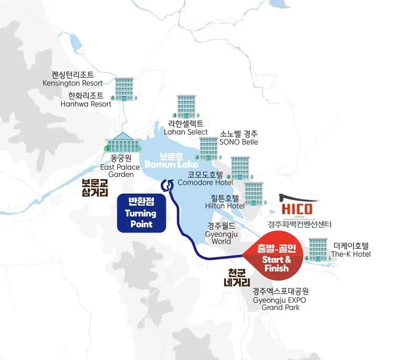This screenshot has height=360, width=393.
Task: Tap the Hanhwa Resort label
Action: coord(90,100)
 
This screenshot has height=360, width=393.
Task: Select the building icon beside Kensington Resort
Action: coord(124,89)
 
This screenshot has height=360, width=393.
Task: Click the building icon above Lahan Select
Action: coord(186,107)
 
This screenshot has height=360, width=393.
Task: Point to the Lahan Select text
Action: coord(186,128)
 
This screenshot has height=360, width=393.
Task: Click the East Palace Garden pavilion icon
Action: coord(122,141)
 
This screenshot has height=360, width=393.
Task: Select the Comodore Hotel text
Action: coord(205,179)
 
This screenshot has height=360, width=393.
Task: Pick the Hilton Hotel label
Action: coord(224,202)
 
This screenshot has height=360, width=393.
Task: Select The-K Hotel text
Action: coord(351,250)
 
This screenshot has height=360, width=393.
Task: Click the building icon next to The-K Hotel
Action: coord(318,249)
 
